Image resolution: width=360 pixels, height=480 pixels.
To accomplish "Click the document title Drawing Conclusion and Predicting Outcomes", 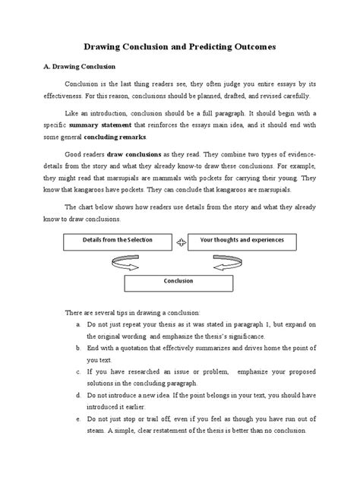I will pos(179,47).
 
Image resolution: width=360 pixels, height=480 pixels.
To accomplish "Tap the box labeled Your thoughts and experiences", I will pos(242,241).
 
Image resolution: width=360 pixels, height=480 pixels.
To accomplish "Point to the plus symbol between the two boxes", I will pos(180,242).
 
